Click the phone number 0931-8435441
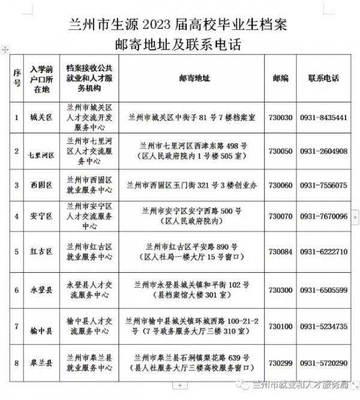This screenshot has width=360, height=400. point(323,118)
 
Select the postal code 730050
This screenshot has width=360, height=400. point(281,152)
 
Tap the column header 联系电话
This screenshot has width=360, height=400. point(323,79)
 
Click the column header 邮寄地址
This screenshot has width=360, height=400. point(194,79)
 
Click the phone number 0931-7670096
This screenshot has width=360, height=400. point(323,216)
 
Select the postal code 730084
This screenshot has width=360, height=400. point(281,252)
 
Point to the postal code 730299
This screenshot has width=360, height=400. point(281,363)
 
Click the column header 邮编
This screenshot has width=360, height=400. point(280,79)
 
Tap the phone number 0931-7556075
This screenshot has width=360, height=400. point(323,185)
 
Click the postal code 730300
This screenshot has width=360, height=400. point(281,290)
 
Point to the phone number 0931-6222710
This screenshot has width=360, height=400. point(323,252)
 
